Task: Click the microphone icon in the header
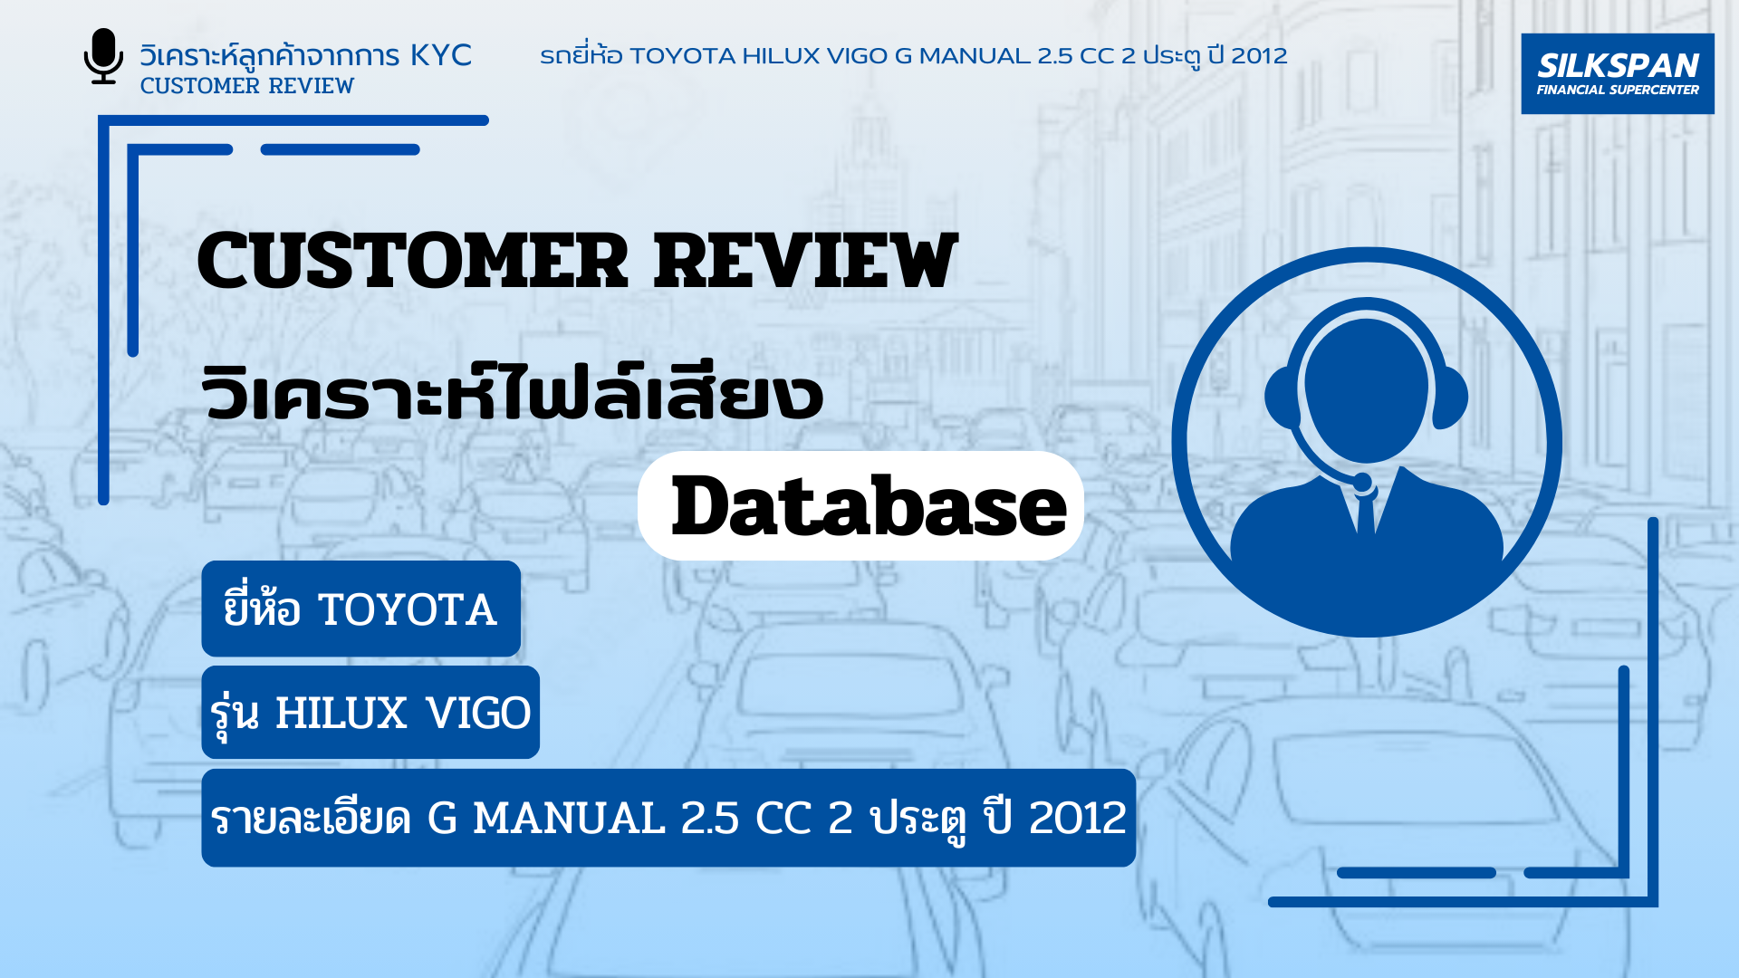coord(103,56)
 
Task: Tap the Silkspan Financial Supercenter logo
coord(1618,74)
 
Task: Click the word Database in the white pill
coord(869,506)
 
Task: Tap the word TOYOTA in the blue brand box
coord(408,610)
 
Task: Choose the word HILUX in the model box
coord(341,714)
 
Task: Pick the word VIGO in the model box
coord(478,714)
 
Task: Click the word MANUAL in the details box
coord(570,819)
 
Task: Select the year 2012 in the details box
coord(1078,819)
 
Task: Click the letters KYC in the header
coord(441,55)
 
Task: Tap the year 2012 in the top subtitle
coord(1259,56)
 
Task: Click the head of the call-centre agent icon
coord(1367,389)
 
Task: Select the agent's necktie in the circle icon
coord(1366,513)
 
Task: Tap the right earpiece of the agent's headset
coord(1450,397)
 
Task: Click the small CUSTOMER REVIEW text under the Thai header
coord(246,86)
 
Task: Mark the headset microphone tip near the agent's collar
coord(1362,483)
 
